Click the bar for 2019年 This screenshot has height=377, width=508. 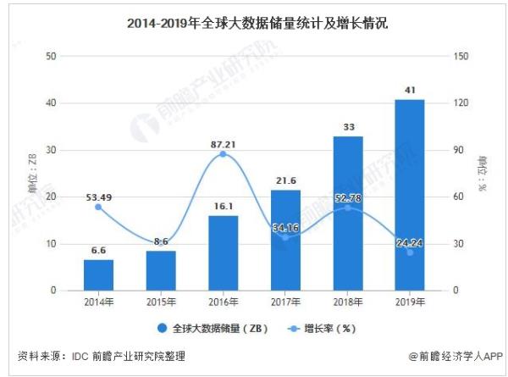point(410,195)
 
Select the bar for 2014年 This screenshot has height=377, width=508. point(98,274)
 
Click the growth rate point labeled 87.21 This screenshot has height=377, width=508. point(223,154)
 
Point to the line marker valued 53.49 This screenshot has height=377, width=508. point(98,207)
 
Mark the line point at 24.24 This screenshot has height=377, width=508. point(410,252)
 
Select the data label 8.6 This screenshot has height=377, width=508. point(161,242)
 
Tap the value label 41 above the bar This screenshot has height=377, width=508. point(410,91)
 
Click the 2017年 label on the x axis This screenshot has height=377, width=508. point(285,302)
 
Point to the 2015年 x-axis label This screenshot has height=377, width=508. point(161,302)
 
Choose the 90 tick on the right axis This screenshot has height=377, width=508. point(458,150)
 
